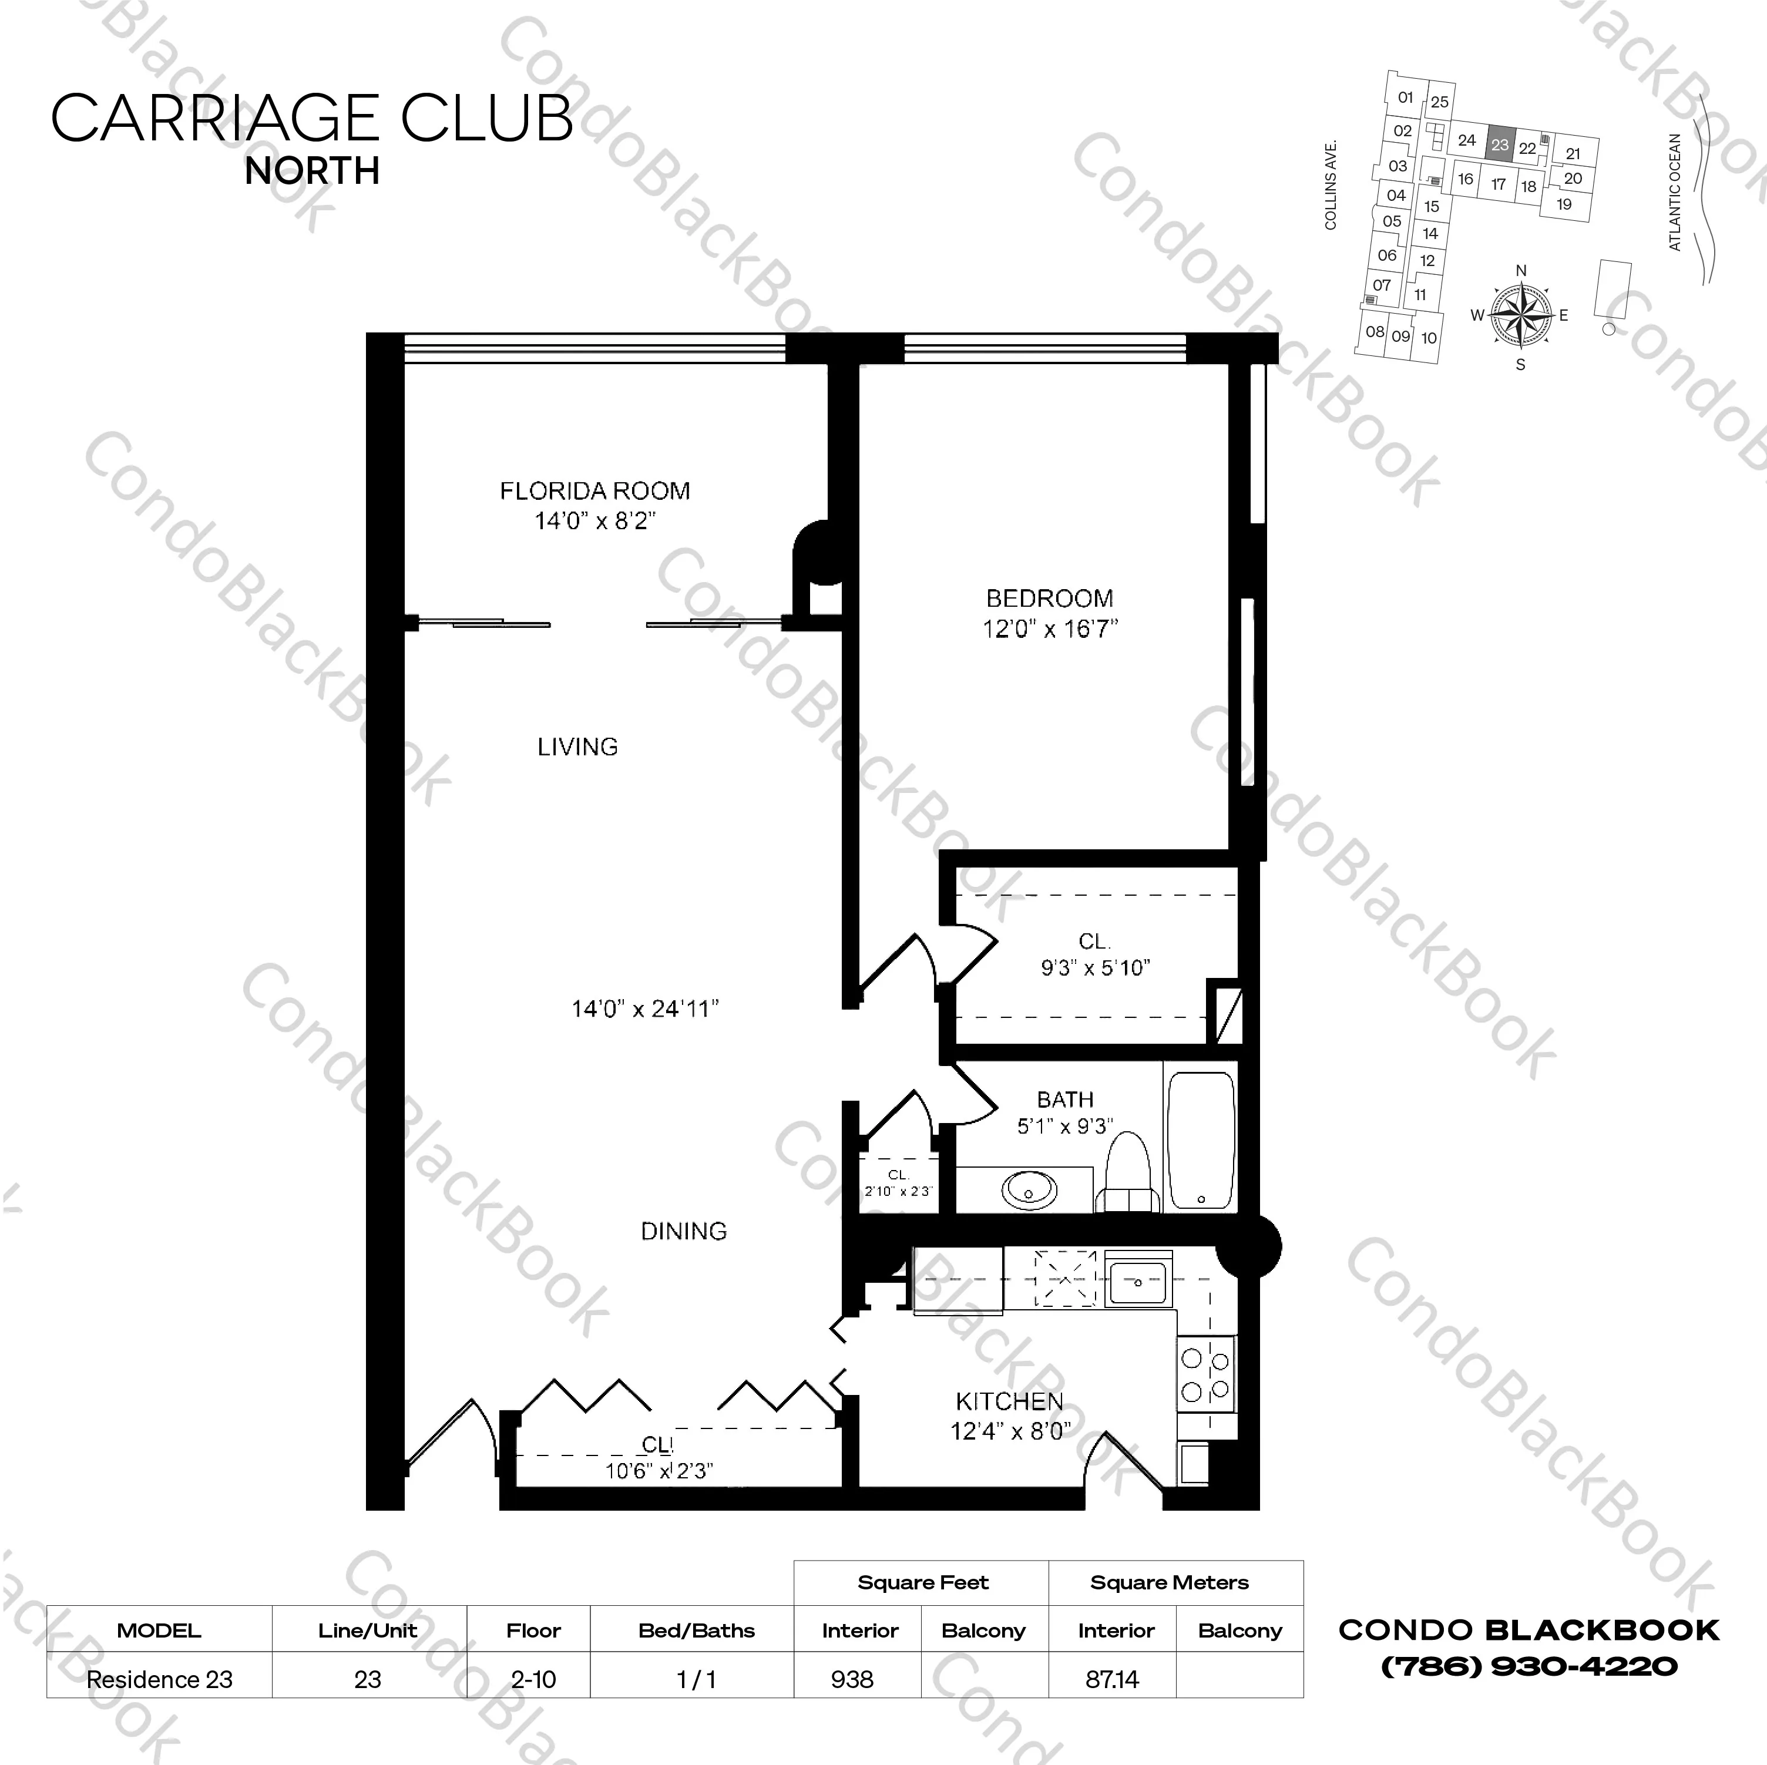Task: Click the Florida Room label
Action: (594, 491)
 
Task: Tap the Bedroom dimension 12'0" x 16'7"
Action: (1050, 629)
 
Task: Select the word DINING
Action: (683, 1232)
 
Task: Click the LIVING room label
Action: (577, 747)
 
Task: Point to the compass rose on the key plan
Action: (1521, 317)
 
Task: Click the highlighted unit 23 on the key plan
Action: (1499, 144)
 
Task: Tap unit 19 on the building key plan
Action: (1564, 204)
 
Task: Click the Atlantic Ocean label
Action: (1675, 192)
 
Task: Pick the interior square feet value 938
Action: (852, 1680)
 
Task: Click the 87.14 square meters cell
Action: (1112, 1680)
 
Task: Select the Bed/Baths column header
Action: (696, 1630)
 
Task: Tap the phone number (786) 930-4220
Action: (1529, 1666)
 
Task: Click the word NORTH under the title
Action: (312, 171)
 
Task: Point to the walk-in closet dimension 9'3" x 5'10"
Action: (1095, 967)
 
